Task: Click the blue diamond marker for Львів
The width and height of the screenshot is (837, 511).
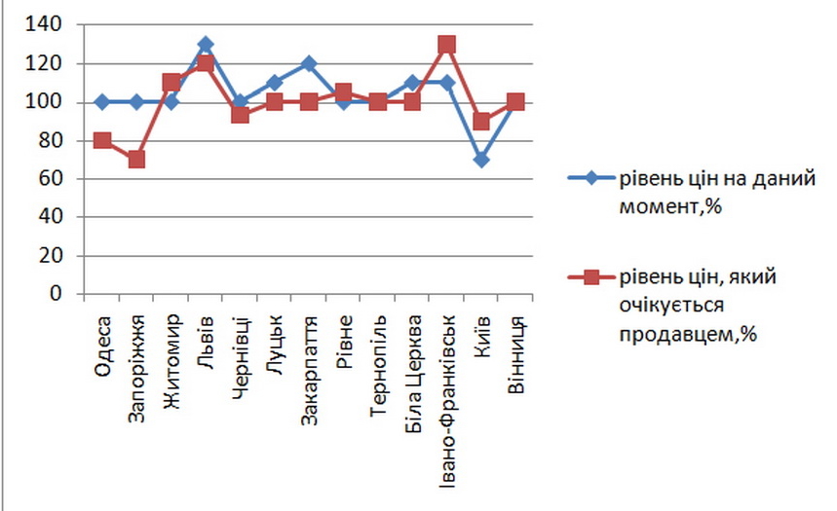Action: tap(206, 45)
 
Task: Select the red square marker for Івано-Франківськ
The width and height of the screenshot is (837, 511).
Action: tap(447, 45)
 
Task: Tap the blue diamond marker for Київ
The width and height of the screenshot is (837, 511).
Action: tap(481, 160)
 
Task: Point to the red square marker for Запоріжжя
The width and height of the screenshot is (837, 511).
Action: tap(136, 160)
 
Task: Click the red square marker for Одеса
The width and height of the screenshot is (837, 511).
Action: tap(102, 140)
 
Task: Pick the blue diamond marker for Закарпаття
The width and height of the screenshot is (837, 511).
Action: tap(309, 64)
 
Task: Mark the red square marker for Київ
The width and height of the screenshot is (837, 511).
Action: tap(481, 122)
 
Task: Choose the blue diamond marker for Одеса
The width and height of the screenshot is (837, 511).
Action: tap(102, 102)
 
